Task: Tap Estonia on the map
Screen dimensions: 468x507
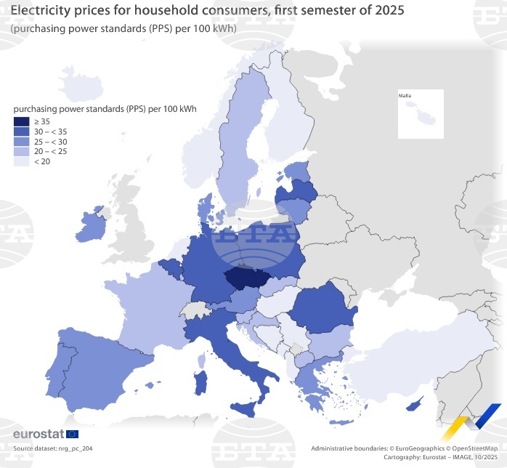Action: click(x=297, y=172)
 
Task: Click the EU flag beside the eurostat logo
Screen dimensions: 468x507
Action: click(x=72, y=435)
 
